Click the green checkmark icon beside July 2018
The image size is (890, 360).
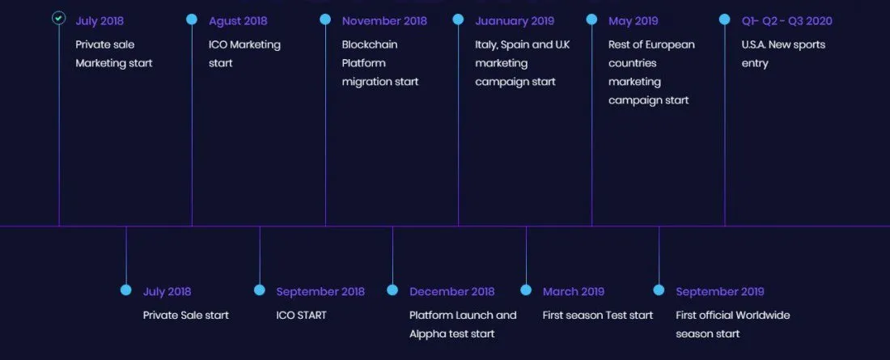coord(58,18)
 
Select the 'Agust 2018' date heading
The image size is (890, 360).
coord(238,21)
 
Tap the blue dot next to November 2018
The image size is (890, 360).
coord(325,19)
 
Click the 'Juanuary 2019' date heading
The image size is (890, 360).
coord(515,21)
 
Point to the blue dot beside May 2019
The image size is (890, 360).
coord(591,19)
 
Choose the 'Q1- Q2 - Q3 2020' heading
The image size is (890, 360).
coord(786,21)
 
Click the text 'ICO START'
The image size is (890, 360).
coord(302,316)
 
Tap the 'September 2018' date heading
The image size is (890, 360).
coord(320,291)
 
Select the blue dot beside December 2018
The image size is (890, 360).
coord(392,290)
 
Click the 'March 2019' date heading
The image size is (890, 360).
coord(574,291)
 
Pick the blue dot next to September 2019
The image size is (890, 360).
coord(659,290)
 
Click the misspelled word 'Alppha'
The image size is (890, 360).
coord(428,334)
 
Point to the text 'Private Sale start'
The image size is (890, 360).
coord(185,316)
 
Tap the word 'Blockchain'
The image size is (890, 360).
coord(370,44)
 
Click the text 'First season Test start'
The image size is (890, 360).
coord(598,316)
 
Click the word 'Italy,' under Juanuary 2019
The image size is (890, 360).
coord(486,44)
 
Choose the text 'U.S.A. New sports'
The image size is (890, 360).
coord(783,44)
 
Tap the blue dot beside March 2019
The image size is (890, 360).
coord(526,290)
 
